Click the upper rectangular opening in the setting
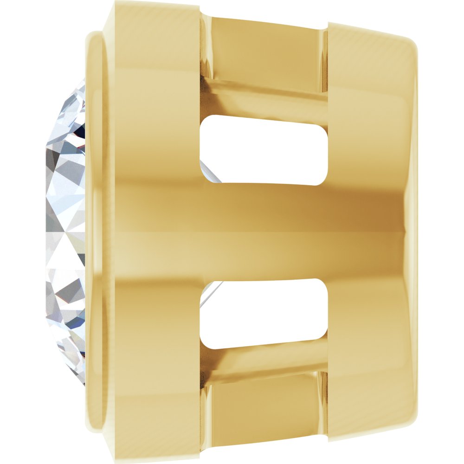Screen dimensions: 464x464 point(264,149)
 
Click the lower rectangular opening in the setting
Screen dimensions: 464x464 point(264,313)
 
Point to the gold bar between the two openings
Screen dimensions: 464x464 point(264,232)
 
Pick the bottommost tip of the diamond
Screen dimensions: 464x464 point(84,383)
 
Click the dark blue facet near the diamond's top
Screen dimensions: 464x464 point(81,135)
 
